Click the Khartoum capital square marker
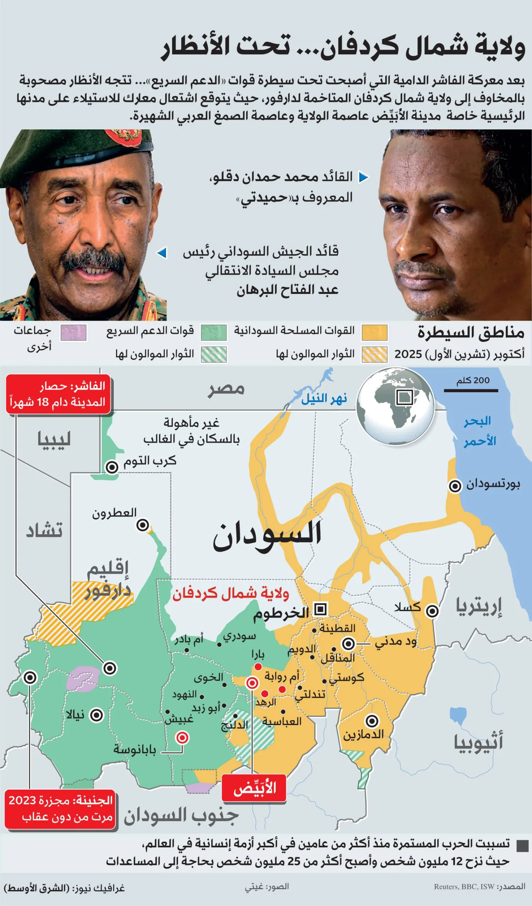tap(320, 609)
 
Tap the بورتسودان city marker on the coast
tap(455, 486)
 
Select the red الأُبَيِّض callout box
tap(254, 788)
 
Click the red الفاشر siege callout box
tap(58, 394)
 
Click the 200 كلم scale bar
tap(471, 390)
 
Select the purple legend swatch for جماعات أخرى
tap(73, 332)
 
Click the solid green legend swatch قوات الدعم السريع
tap(214, 332)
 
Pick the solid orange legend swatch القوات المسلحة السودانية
tap(375, 332)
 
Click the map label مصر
tap(226, 389)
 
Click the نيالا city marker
tap(96, 715)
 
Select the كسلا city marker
tap(432, 611)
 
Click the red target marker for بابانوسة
tap(182, 738)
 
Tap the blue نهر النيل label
tap(324, 398)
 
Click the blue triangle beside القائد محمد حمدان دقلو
tap(364, 177)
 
